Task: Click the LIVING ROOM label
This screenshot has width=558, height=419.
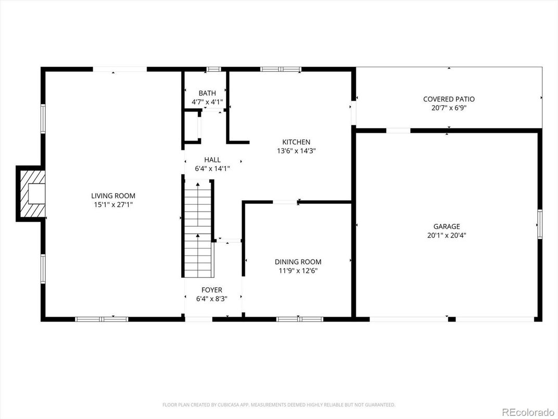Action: [x=113, y=196]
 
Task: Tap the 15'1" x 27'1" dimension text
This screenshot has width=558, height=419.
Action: [x=113, y=205]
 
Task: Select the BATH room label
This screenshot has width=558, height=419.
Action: [x=207, y=93]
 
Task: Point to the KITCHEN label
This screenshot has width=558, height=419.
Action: [x=296, y=142]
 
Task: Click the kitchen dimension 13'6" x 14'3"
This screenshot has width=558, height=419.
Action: [x=296, y=151]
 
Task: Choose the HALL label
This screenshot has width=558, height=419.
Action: [x=212, y=159]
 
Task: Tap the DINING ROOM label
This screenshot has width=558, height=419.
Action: [x=298, y=262]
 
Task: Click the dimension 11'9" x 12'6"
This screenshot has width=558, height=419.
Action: [x=298, y=270]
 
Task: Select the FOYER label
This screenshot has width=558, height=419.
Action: [x=212, y=290]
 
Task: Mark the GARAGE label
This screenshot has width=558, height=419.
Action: [x=447, y=226]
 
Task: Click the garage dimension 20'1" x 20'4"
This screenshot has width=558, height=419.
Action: [x=447, y=235]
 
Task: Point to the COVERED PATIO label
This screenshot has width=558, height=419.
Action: [x=449, y=99]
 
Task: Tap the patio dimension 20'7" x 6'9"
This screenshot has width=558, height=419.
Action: [x=449, y=108]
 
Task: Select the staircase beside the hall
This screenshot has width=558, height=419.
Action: [x=198, y=229]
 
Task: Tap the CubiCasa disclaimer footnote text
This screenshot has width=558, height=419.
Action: [x=279, y=404]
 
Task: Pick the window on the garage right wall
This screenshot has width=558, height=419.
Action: [x=540, y=224]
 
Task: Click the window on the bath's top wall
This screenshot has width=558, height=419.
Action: [x=213, y=69]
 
